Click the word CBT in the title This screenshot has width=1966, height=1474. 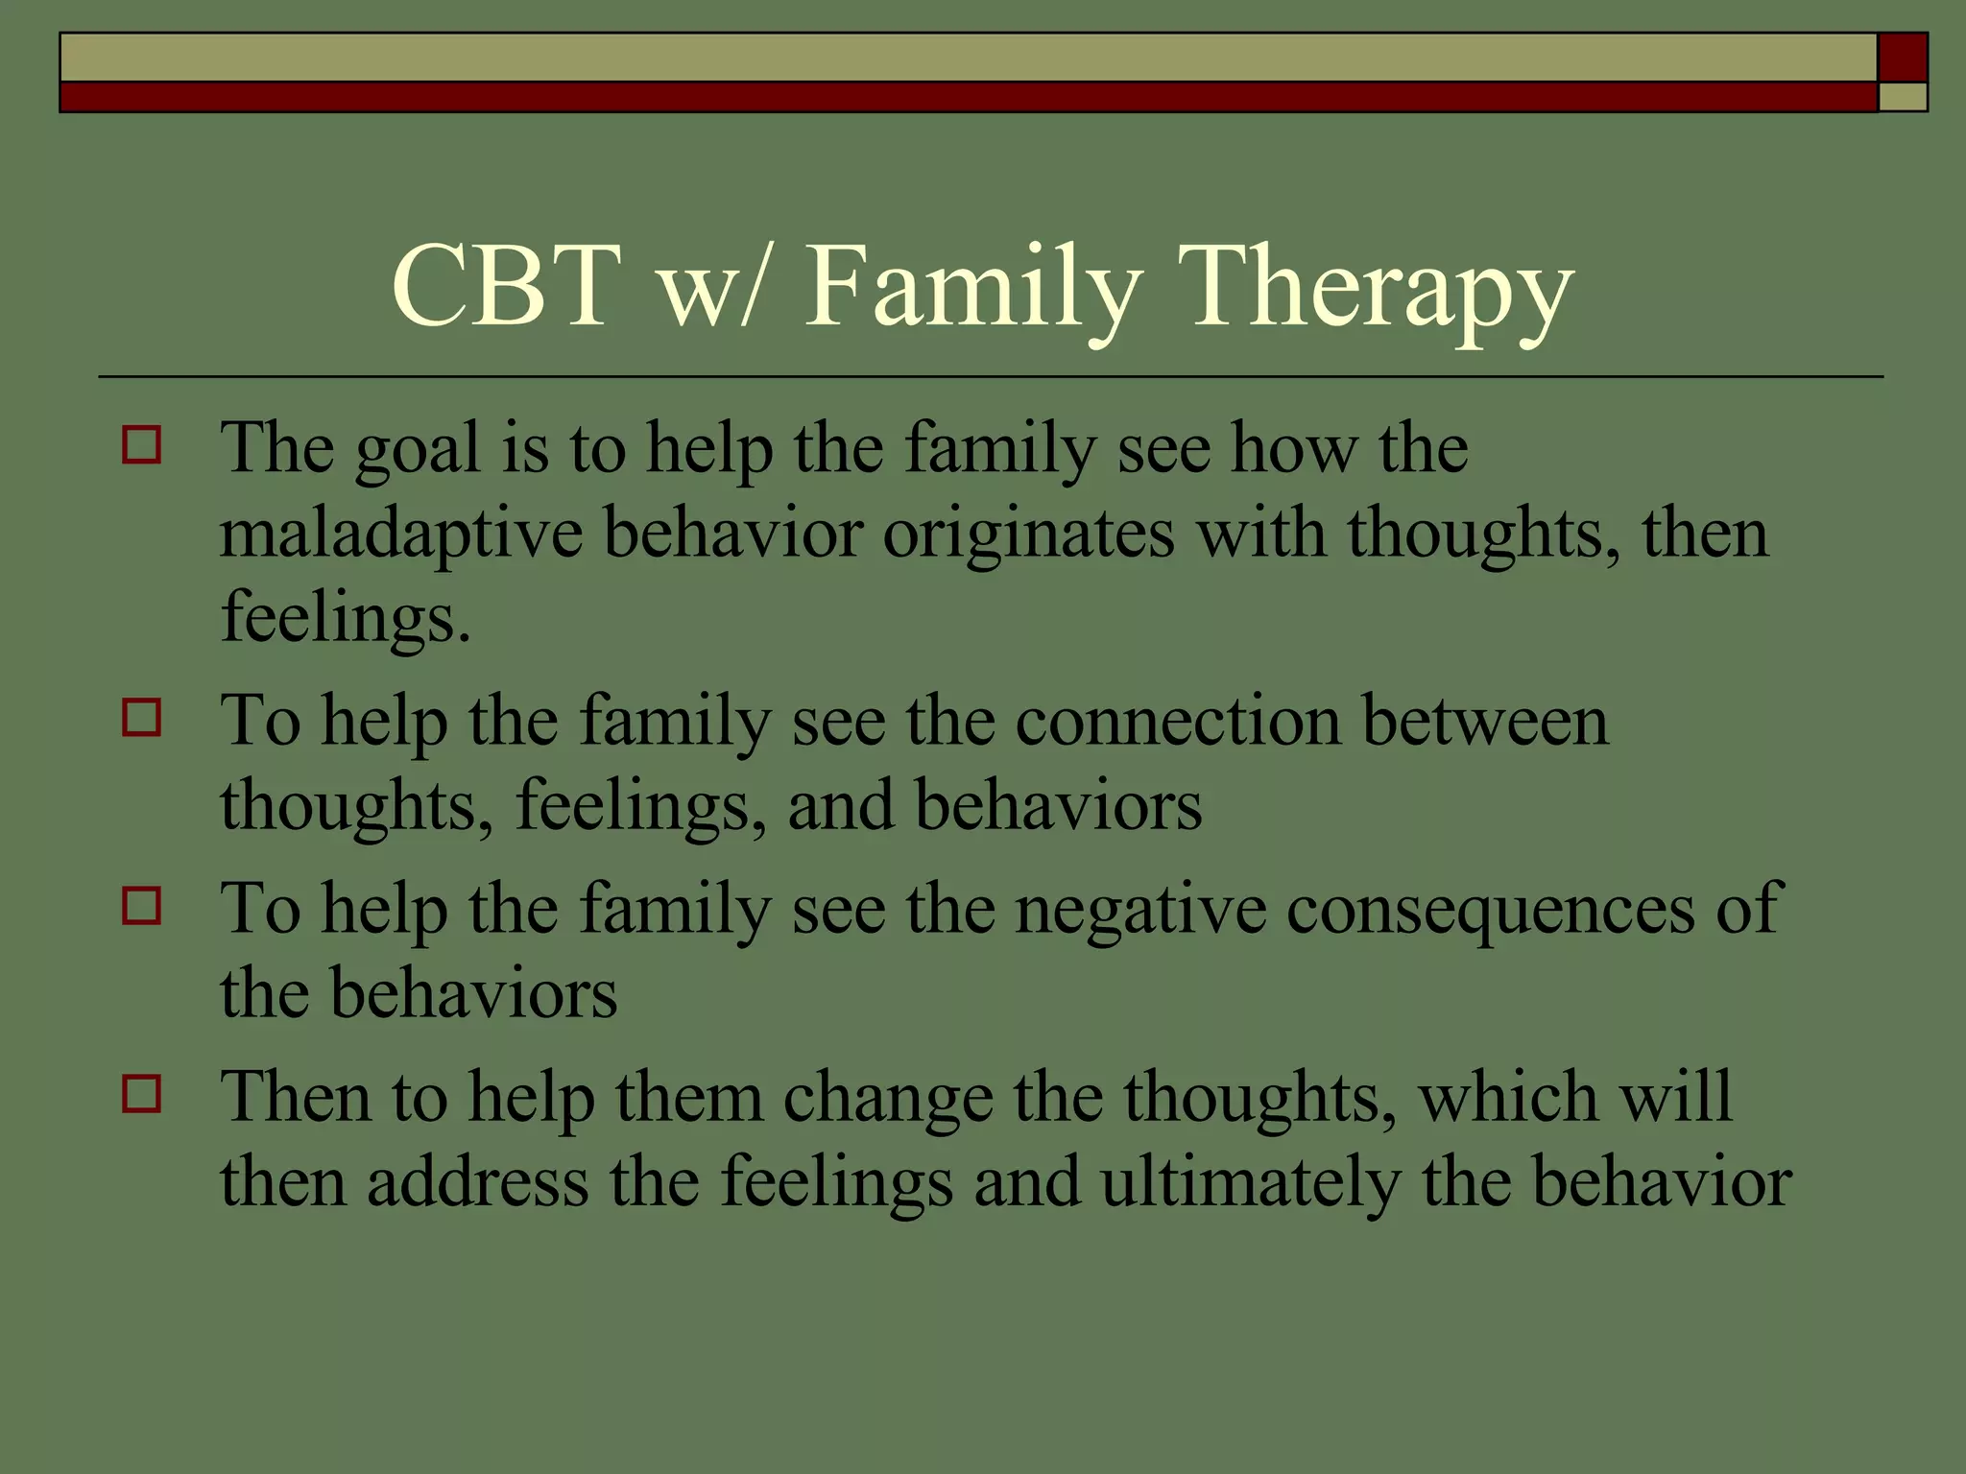click(x=505, y=286)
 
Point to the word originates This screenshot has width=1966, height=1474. click(x=1028, y=534)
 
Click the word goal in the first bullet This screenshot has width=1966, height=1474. click(x=417, y=451)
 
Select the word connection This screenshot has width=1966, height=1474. click(x=1177, y=721)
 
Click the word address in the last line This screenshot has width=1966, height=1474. click(x=477, y=1182)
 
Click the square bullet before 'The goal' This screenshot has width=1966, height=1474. click(x=142, y=445)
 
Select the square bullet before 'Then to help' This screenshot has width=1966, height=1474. click(x=142, y=1093)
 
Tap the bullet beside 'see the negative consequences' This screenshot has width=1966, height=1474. click(x=142, y=905)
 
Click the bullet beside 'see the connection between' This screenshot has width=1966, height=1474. click(x=142, y=717)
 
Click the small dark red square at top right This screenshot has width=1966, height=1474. click(x=1902, y=58)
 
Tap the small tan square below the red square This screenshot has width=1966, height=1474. click(x=1902, y=97)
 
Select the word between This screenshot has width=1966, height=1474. click(x=1484, y=721)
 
